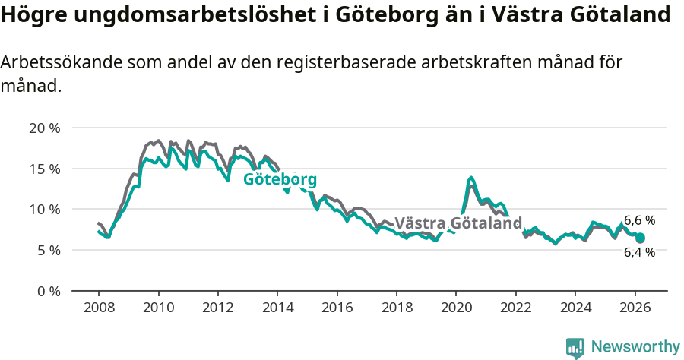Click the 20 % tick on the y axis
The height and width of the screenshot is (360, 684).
[x=44, y=128]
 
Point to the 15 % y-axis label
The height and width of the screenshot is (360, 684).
[x=44, y=169]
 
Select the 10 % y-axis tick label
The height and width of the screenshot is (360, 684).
[x=44, y=209]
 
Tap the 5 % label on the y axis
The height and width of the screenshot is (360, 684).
[x=47, y=250]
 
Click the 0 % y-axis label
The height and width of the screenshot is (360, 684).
[x=47, y=291]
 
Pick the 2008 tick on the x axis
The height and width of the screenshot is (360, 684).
[x=99, y=308]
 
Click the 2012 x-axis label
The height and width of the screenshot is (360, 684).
[x=218, y=308]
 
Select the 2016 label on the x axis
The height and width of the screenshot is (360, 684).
[x=337, y=308]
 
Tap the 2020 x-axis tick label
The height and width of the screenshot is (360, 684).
[x=456, y=308]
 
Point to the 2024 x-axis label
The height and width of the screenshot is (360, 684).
[x=575, y=308]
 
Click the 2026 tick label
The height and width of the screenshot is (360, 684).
[x=635, y=308]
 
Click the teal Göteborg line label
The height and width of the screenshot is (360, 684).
[x=280, y=180]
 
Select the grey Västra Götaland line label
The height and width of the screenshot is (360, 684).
[x=458, y=223]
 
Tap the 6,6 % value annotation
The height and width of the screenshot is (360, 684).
[x=639, y=220]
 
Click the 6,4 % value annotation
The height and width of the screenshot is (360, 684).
[x=639, y=252]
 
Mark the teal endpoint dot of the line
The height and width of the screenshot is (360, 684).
[x=641, y=238]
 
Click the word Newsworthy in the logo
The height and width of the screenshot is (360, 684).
[x=635, y=347]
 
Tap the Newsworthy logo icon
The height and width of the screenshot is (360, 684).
[x=575, y=348]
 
